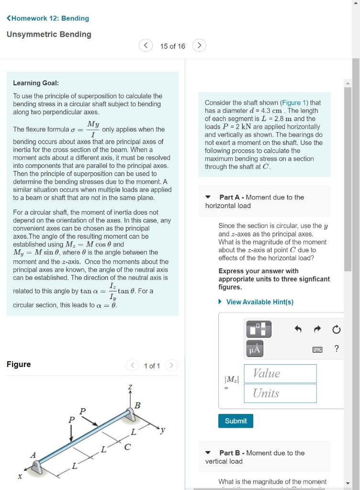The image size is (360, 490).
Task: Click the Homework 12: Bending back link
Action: tap(48, 18)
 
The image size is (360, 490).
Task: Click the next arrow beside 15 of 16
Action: tap(199, 45)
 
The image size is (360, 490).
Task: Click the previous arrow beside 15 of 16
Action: tap(146, 45)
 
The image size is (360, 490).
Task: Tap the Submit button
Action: tap(236, 421)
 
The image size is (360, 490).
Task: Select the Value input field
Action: tap(280, 374)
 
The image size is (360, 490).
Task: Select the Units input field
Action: tap(280, 393)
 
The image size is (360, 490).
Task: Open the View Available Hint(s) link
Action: tap(259, 302)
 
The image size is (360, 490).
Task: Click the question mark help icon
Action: tap(337, 349)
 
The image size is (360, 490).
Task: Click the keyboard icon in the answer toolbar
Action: tap(317, 349)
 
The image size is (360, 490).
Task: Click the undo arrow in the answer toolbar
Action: tap(298, 329)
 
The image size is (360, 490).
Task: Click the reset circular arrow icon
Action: tap(336, 329)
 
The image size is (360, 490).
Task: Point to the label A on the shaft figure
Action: tap(33, 455)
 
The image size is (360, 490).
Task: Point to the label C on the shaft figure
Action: tap(127, 447)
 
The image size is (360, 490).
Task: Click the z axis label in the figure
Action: tap(130, 386)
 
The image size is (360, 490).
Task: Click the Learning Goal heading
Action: tap(36, 83)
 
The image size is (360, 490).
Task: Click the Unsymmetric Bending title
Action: tap(49, 34)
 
